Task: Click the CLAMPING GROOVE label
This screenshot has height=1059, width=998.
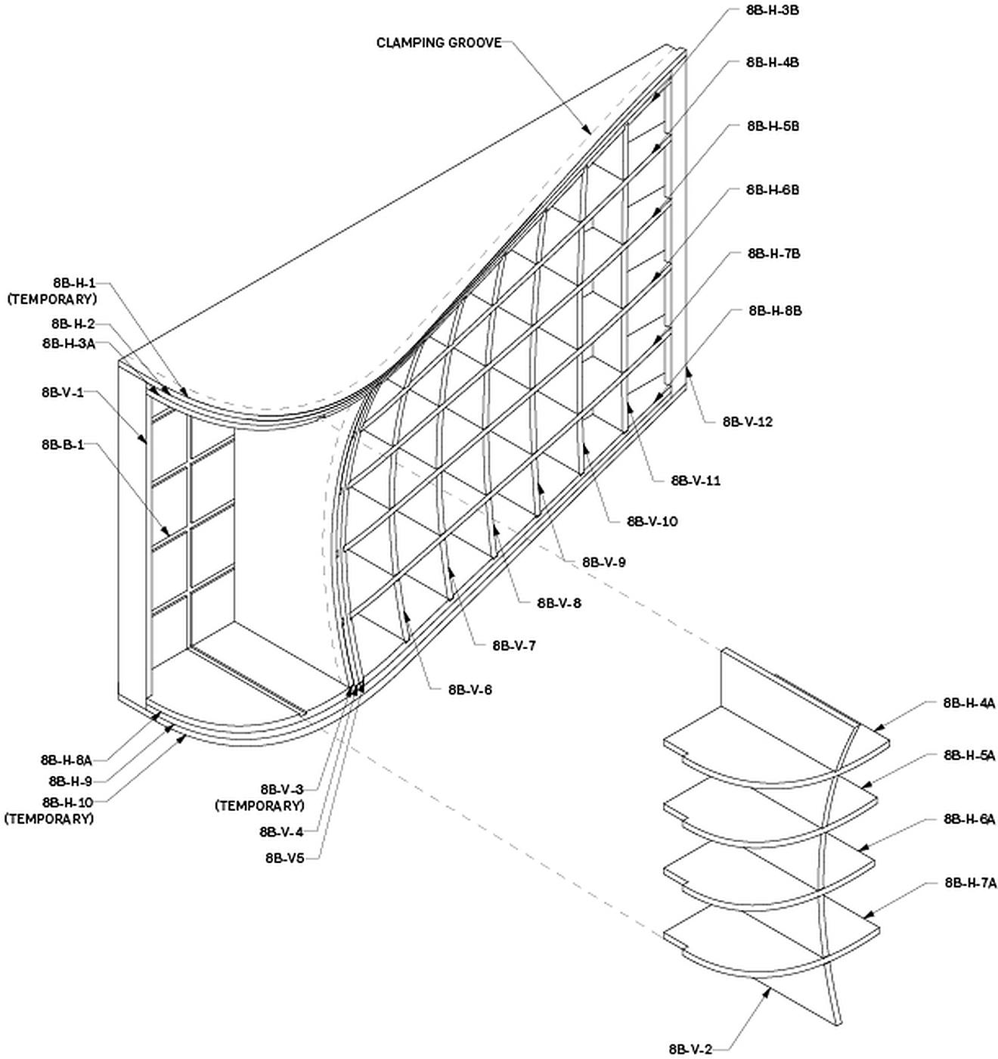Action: click(439, 42)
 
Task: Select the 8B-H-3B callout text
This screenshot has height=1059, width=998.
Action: click(772, 11)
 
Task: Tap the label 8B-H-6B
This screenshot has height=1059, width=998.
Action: click(772, 190)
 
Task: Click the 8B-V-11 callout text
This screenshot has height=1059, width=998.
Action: click(696, 480)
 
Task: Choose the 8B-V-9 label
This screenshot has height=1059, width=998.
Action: click(603, 562)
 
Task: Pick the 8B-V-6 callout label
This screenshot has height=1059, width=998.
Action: click(470, 690)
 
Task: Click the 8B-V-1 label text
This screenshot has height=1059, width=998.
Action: click(63, 392)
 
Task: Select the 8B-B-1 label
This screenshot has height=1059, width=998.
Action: click(63, 445)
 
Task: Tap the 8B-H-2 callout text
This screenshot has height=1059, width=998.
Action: click(73, 324)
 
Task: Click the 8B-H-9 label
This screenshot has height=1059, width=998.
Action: click(70, 781)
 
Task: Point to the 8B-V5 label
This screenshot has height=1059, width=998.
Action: click(284, 858)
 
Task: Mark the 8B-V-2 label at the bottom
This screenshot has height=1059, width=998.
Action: click(690, 1048)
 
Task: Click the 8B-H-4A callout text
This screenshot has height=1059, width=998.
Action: click(969, 703)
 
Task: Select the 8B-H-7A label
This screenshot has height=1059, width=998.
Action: click(970, 882)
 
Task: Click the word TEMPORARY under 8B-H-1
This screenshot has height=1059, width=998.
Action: click(52, 299)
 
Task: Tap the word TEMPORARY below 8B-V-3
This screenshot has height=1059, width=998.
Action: click(260, 805)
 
